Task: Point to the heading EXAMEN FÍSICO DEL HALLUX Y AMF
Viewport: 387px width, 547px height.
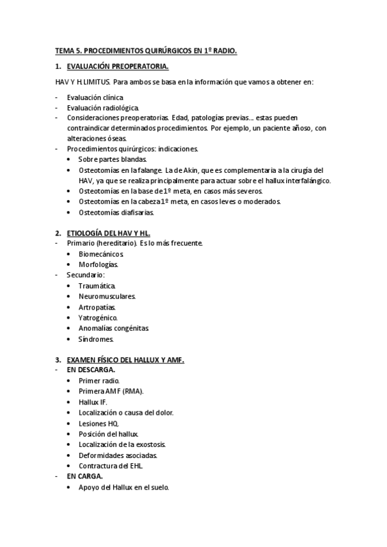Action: (125, 360)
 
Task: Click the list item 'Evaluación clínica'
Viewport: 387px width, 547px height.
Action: (95, 96)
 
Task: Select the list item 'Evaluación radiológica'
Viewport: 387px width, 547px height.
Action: (102, 107)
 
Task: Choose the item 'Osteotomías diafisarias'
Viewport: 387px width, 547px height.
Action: (116, 212)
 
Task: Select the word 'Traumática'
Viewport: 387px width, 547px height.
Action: (97, 285)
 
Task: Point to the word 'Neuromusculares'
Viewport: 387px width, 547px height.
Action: (107, 296)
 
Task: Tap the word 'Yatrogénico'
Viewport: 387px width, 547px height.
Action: (98, 317)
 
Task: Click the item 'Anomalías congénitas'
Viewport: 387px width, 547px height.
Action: (114, 328)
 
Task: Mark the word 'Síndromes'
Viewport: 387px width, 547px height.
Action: (96, 339)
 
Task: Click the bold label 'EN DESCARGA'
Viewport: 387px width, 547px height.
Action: (91, 370)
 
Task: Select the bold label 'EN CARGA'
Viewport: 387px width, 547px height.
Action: (85, 477)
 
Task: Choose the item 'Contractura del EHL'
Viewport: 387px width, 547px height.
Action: (110, 466)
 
